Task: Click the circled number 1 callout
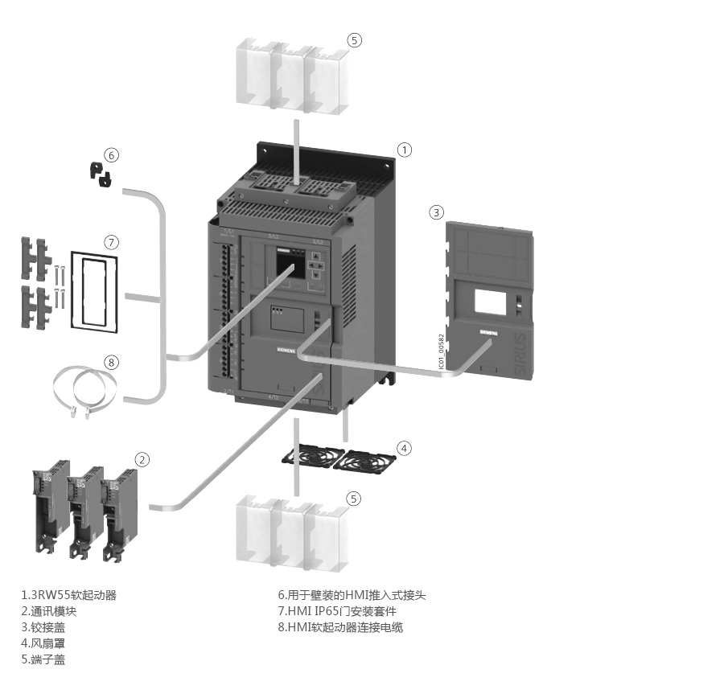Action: (x=405, y=150)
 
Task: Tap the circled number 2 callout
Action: (x=142, y=460)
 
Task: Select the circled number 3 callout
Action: (x=436, y=212)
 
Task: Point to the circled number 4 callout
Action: (x=405, y=448)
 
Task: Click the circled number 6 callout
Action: (x=112, y=154)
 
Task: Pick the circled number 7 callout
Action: (x=112, y=242)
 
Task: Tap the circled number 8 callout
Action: (x=112, y=362)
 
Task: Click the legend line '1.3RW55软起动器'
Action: (x=69, y=595)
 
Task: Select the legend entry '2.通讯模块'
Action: (x=49, y=611)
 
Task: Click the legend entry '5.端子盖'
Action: (x=43, y=659)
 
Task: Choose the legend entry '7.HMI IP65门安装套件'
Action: (x=337, y=611)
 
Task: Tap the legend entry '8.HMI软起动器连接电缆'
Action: (x=340, y=627)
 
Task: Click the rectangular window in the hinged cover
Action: (x=490, y=302)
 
